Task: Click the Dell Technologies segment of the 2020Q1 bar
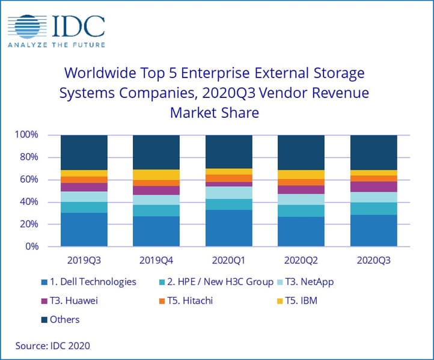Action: coord(228,228)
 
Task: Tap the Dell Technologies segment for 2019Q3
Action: coord(84,230)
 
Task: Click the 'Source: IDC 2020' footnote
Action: coord(53,346)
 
